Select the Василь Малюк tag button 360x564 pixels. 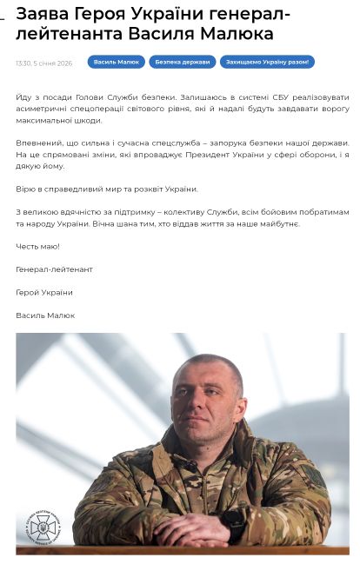point(117,63)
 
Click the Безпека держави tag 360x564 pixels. point(182,63)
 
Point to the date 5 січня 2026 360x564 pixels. point(53,63)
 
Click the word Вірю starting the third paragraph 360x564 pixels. point(25,189)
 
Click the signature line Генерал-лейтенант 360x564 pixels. point(54,269)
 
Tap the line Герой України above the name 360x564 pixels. point(44,293)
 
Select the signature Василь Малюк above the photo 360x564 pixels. point(45,315)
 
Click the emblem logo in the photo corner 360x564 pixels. point(43,525)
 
